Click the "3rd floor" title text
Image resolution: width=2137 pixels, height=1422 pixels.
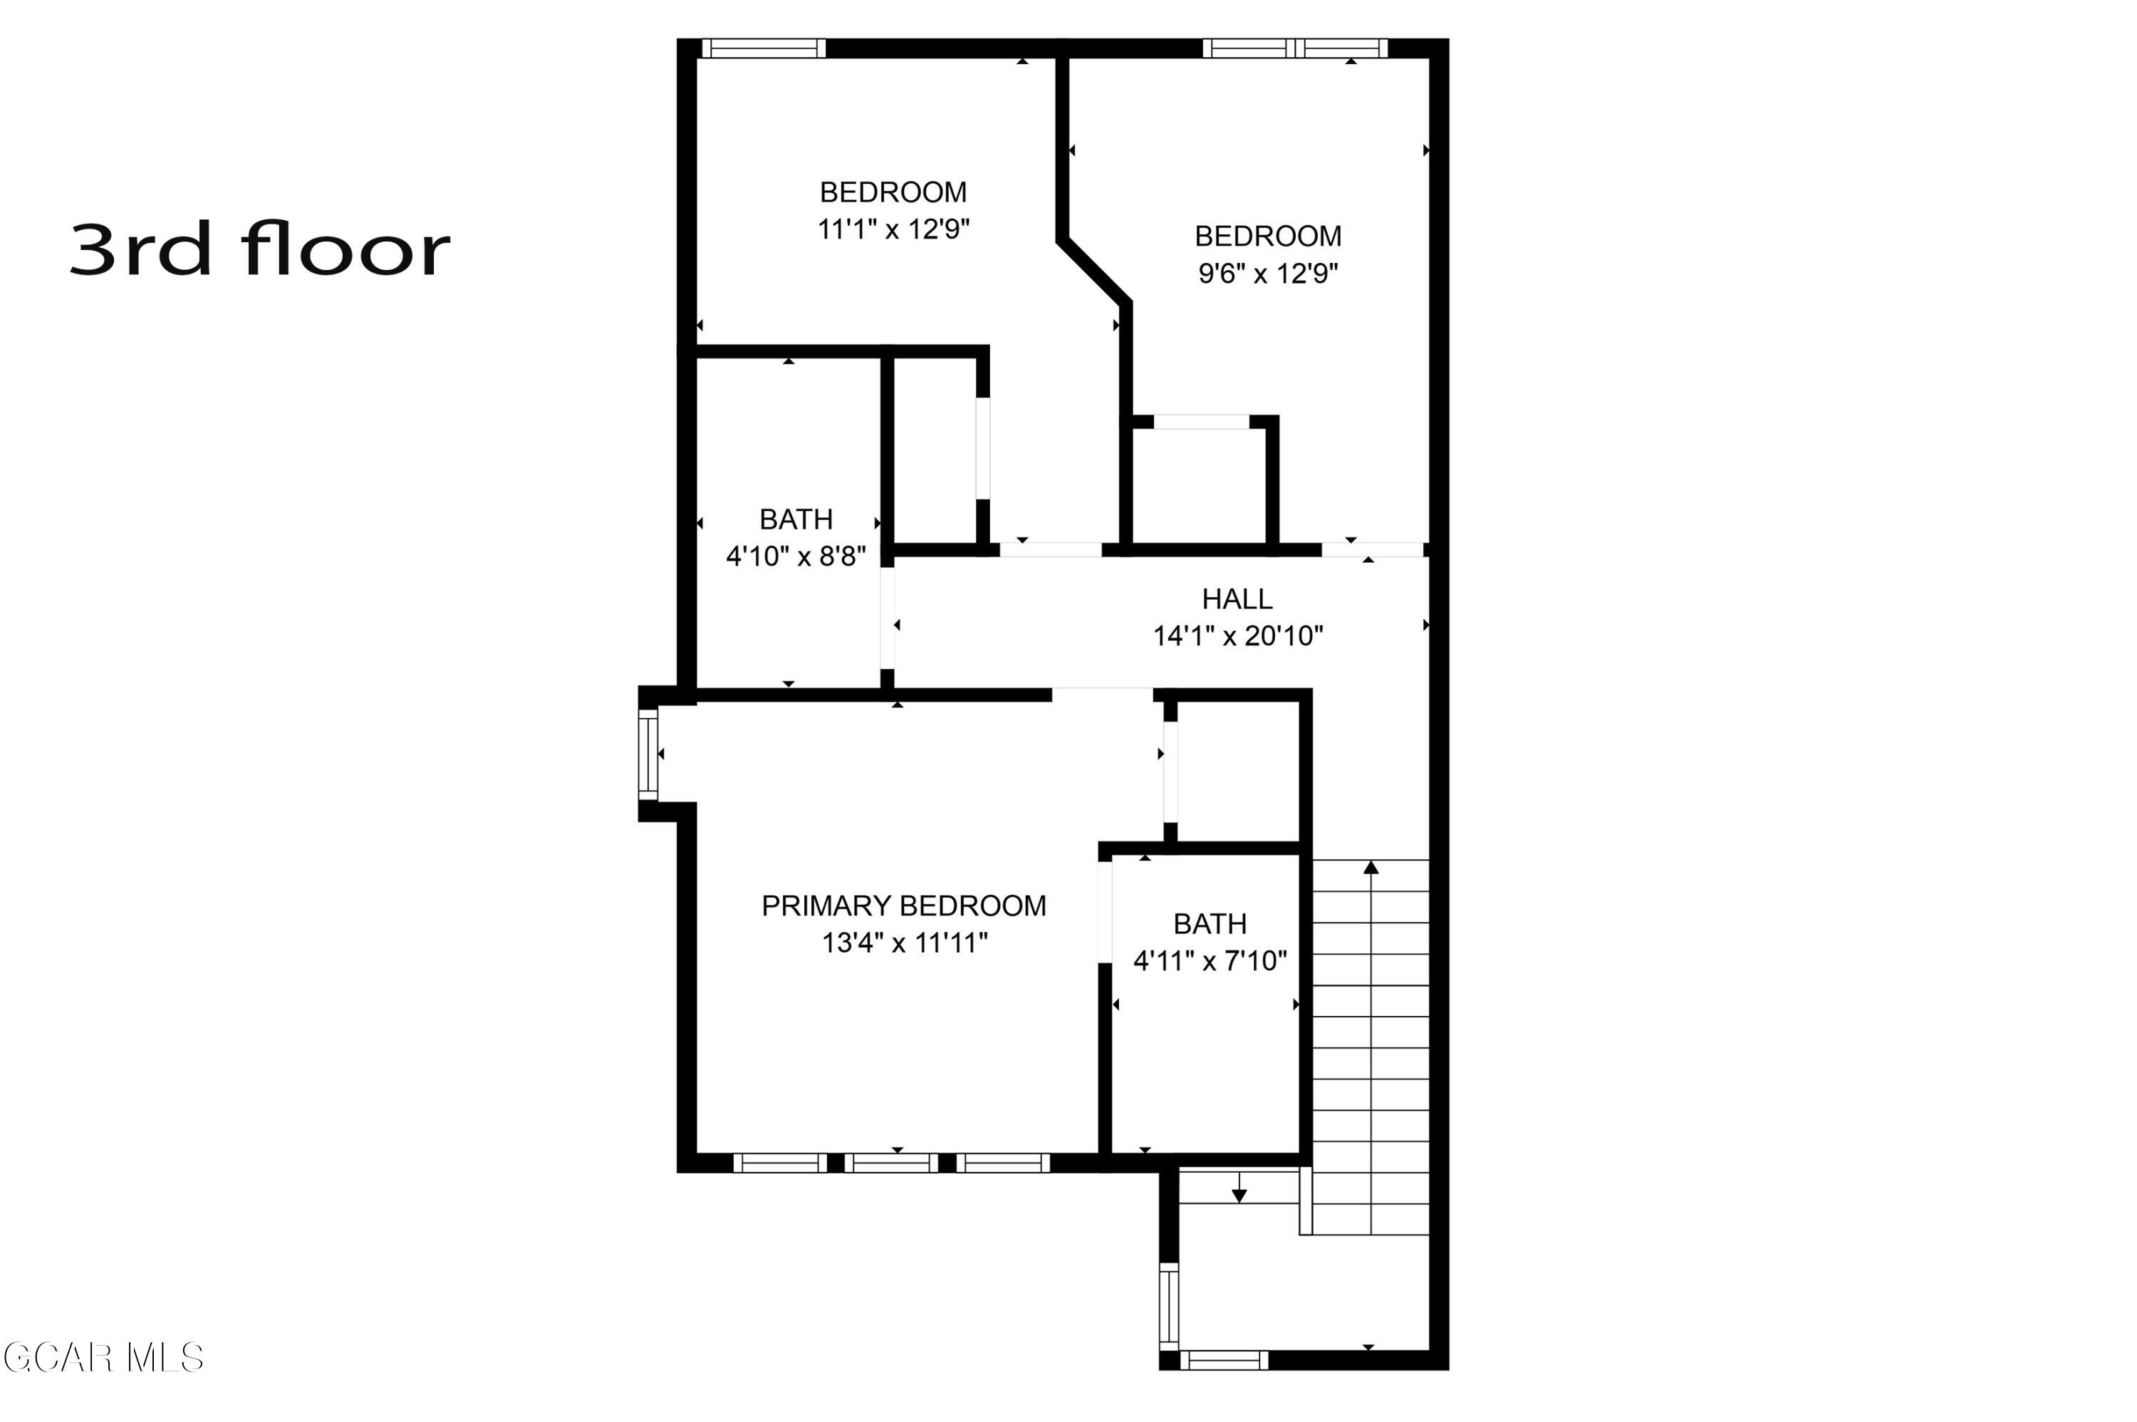pos(259,249)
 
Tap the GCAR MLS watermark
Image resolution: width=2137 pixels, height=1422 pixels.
pos(103,1358)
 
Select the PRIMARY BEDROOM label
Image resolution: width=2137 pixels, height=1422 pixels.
pos(903,905)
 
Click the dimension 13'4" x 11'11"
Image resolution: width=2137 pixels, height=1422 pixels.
pos(904,943)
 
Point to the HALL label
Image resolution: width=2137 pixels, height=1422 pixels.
pos(1237,598)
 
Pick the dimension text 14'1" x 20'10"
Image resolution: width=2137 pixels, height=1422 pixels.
pos(1237,635)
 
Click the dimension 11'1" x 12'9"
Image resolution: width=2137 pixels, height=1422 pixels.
pos(893,229)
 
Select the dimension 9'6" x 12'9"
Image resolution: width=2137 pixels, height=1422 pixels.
pos(1267,273)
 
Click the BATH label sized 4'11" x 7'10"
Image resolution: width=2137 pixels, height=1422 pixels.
pos(1210,923)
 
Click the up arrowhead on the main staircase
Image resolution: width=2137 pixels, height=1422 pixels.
pos(1371,868)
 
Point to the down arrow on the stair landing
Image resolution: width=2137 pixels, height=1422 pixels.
pos(1239,1196)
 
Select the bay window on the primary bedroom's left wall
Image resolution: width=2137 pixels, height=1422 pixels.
pos(648,754)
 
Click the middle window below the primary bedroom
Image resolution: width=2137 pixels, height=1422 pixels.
pos(890,1163)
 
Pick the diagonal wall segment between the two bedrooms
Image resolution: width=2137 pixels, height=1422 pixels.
pos(1094,269)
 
